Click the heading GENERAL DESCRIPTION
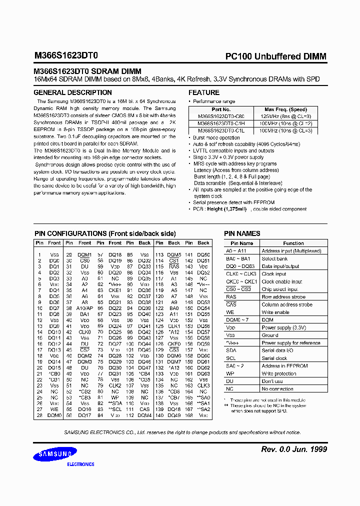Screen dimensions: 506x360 tap(72, 92)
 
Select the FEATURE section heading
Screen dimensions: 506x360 tap(203, 92)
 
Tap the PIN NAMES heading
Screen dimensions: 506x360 tap(242, 233)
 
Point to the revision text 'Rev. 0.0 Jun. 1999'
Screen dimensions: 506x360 tap(294, 449)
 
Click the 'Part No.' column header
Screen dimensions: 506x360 tap(220, 109)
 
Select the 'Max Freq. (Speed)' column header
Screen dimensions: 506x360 tap(285, 109)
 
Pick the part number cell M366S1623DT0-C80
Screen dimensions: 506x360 tap(220, 116)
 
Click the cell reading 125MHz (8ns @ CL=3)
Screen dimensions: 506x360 tap(285, 116)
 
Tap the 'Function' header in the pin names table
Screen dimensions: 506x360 tap(293, 243)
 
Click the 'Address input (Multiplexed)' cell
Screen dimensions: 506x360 tap(291, 251)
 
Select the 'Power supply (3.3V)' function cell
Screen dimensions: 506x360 tap(284, 327)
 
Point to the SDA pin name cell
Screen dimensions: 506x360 tap(231, 350)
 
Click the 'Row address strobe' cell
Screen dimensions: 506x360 tap(283, 297)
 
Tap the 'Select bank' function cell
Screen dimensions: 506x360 tap(275, 258)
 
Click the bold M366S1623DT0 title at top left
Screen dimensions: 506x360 tap(66, 57)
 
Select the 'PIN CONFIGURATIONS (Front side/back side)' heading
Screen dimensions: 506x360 tap(104, 233)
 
